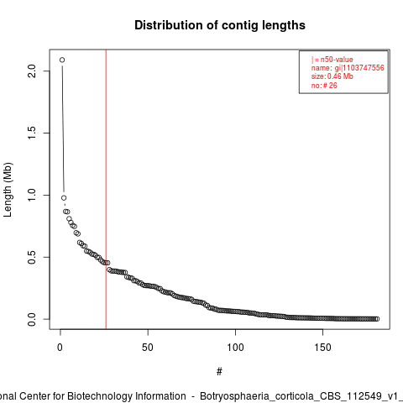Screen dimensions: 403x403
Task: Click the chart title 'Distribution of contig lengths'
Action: pyautogui.click(x=220, y=25)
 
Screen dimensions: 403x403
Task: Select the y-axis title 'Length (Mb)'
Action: pyautogui.click(x=8, y=190)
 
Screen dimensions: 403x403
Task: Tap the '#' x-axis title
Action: pyautogui.click(x=219, y=372)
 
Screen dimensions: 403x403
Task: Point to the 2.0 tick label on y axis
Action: pyautogui.click(x=32, y=71)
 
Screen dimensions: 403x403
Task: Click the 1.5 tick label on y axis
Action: pyautogui.click(x=32, y=133)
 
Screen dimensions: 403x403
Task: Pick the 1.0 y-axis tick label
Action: pyautogui.click(x=32, y=195)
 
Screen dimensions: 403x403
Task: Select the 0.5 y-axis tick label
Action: pyautogui.click(x=32, y=257)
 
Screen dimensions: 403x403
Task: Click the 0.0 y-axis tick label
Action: pyautogui.click(x=32, y=319)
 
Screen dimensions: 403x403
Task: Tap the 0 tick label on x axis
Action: pyautogui.click(x=60, y=348)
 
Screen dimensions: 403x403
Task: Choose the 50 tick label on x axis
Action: pyautogui.click(x=148, y=348)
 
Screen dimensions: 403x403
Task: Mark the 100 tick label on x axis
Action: pyautogui.click(x=235, y=348)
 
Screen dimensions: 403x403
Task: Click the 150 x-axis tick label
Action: pyautogui.click(x=322, y=348)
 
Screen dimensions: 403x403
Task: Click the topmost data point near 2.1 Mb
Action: pyautogui.click(x=62, y=60)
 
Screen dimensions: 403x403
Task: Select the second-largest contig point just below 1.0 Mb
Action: pyautogui.click(x=64, y=198)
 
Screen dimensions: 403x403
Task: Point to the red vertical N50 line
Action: pyautogui.click(x=106, y=189)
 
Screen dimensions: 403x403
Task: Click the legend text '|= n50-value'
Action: pyautogui.click(x=332, y=60)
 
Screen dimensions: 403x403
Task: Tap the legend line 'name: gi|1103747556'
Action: pyautogui.click(x=348, y=68)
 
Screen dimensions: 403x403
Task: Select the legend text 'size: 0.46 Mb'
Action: pyautogui.click(x=332, y=76)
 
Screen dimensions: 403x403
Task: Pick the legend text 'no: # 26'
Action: pyautogui.click(x=324, y=86)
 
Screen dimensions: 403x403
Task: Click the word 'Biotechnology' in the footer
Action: pyautogui.click(x=126, y=396)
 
